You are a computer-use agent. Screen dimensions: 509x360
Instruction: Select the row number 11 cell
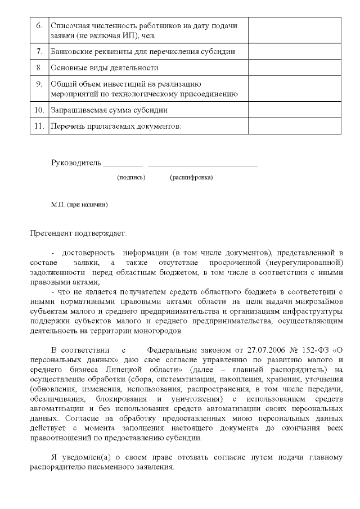click(x=39, y=125)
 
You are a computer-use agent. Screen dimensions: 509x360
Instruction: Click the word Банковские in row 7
click(x=71, y=52)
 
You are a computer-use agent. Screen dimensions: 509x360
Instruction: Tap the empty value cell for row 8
click(x=295, y=67)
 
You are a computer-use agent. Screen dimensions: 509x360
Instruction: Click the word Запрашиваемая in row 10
click(x=77, y=110)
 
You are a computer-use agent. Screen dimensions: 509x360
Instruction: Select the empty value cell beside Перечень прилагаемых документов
click(x=295, y=125)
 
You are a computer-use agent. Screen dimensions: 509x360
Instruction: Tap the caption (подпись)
click(x=131, y=177)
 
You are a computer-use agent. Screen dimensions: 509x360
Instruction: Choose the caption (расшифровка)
click(x=191, y=177)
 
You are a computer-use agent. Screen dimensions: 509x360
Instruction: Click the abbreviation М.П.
click(x=58, y=205)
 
